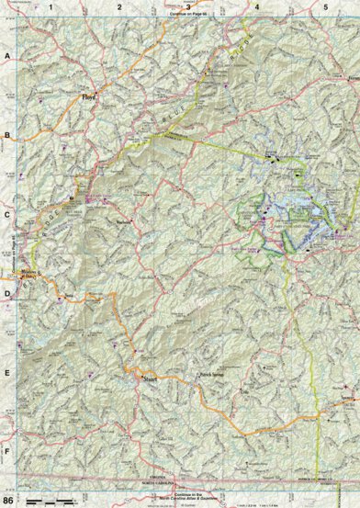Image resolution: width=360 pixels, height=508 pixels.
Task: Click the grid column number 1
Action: [51, 6]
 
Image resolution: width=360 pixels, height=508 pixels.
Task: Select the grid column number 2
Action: [120, 6]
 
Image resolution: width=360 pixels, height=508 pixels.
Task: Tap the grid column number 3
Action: [189, 6]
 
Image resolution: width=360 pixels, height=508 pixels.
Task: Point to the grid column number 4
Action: [257, 6]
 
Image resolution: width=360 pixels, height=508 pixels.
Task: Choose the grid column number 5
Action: [325, 6]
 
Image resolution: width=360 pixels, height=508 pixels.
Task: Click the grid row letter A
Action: [7, 56]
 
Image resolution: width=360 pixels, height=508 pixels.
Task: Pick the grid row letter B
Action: [7, 136]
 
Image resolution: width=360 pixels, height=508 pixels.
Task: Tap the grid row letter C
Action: [7, 215]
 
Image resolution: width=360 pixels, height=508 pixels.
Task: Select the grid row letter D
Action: [7, 294]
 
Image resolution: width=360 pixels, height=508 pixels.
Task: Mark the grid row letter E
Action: [7, 373]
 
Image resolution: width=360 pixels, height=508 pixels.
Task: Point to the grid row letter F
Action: [7, 452]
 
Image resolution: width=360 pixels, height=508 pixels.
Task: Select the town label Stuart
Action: [147, 376]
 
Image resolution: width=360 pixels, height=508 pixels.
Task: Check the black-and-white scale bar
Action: [49, 500]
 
